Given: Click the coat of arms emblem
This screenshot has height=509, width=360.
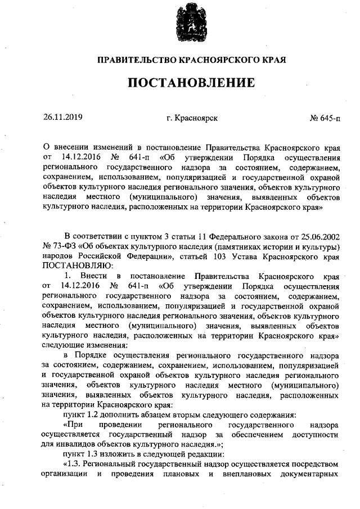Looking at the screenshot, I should click(190, 22).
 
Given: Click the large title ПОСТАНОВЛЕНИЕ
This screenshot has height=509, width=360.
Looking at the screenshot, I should click(190, 83).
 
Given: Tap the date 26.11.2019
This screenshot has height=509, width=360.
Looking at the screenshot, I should click(62, 118).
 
